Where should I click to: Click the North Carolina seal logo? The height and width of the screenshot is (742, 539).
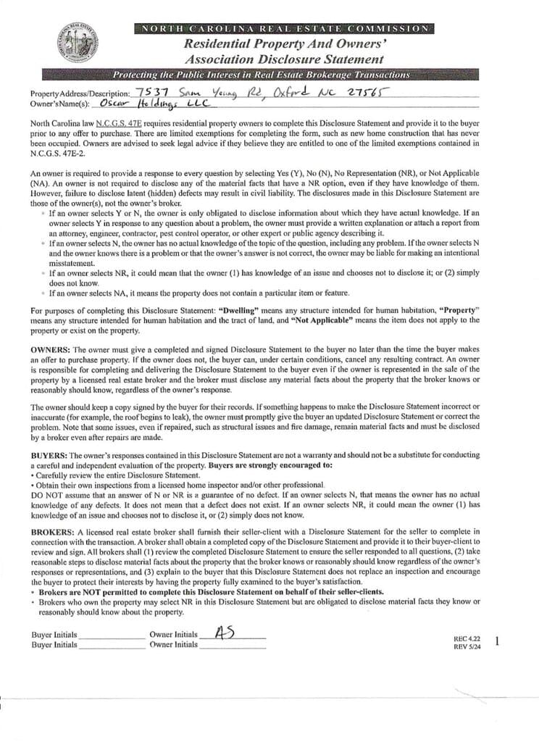76,43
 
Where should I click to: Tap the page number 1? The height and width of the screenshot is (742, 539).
497,641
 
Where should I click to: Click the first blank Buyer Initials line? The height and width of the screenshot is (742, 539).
111,635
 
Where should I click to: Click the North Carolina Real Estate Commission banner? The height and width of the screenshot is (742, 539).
283,28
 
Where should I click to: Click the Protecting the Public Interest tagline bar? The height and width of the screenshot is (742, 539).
261,75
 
